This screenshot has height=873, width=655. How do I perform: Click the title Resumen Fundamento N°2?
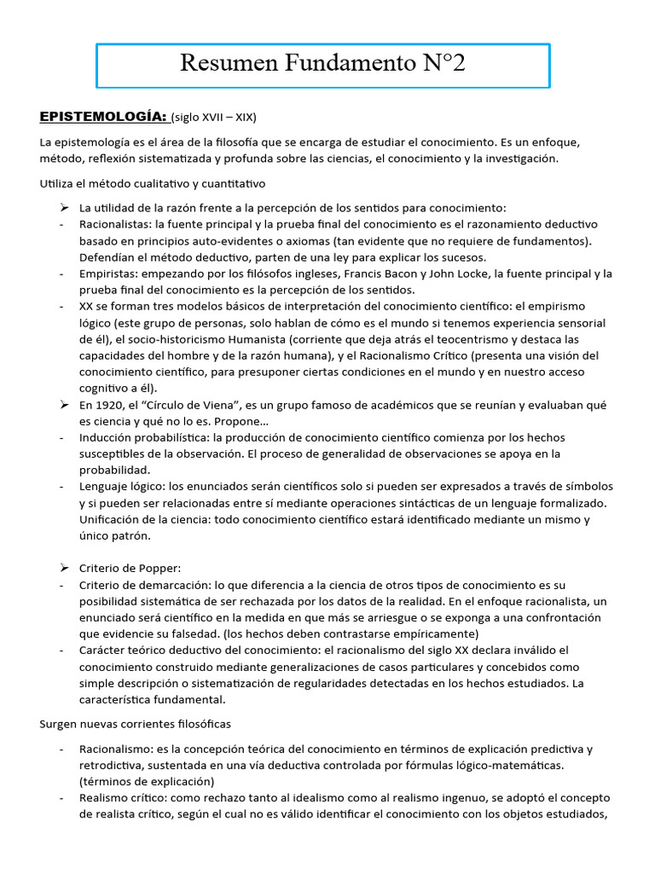(323, 64)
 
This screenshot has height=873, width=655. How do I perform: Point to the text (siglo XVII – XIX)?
(213, 117)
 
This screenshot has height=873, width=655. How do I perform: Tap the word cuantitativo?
(234, 182)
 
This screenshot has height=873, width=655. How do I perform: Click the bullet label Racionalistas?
(116, 224)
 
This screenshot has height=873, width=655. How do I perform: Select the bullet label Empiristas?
(109, 274)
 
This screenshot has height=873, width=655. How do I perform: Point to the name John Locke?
(458, 274)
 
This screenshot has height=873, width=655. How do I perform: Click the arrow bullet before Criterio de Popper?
(64, 568)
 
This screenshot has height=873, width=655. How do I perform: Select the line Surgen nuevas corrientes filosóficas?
(136, 724)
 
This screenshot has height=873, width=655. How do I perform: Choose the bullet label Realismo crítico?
(123, 798)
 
